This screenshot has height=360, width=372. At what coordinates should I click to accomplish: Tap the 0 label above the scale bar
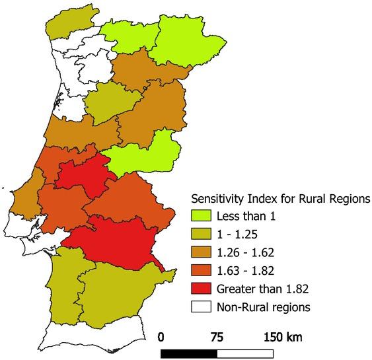click(162, 336)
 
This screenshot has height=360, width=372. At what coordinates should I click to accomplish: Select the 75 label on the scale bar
click(216, 336)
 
